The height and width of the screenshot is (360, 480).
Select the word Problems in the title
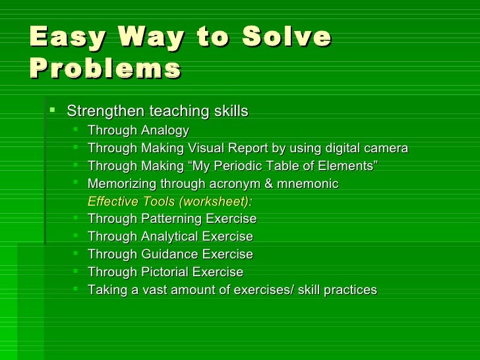tap(105, 68)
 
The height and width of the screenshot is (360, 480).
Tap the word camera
tap(386, 148)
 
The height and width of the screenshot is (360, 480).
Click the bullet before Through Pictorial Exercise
tap(78, 271)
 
